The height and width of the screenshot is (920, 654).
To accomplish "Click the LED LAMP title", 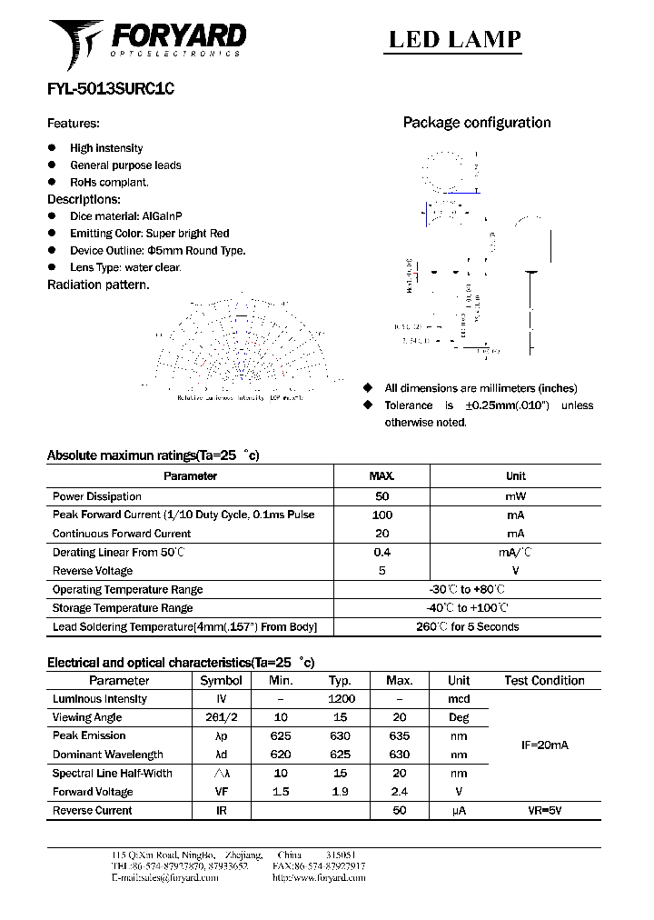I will tap(455, 38).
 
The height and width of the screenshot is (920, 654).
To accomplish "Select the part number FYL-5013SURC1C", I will tap(110, 90).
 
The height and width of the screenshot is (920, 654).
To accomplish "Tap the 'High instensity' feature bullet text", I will tap(106, 148).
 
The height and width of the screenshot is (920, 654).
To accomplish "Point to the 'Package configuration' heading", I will tap(477, 123).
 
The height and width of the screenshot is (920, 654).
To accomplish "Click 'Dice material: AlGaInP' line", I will tap(126, 216).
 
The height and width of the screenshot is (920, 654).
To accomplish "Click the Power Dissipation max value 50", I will tap(381, 496).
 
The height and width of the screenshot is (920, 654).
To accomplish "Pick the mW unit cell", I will tap(515, 496).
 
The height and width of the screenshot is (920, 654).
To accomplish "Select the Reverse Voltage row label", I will tap(93, 571).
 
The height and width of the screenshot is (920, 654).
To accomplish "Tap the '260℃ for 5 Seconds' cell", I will tap(467, 626).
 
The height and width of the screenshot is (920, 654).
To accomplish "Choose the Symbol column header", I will tap(221, 680).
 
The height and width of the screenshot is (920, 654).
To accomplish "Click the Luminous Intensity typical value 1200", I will tap(341, 699).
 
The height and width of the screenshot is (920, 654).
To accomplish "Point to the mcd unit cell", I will tap(459, 699).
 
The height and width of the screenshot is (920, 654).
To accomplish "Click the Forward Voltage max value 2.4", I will tap(399, 792).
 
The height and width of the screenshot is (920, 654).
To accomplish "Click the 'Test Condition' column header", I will tap(544, 680).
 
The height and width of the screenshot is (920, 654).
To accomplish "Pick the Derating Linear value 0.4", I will tap(381, 552).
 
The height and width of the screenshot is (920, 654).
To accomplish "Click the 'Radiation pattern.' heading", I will tap(98, 285).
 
